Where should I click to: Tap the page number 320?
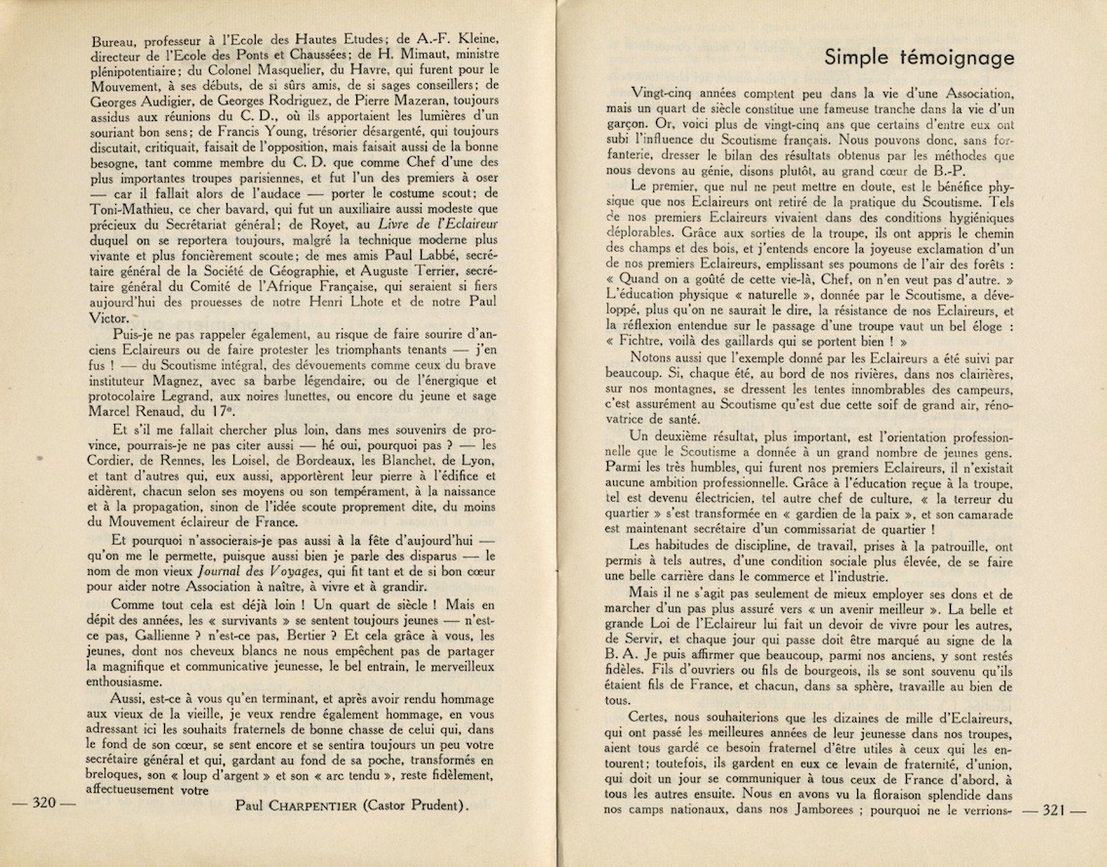pyautogui.click(x=42, y=805)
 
